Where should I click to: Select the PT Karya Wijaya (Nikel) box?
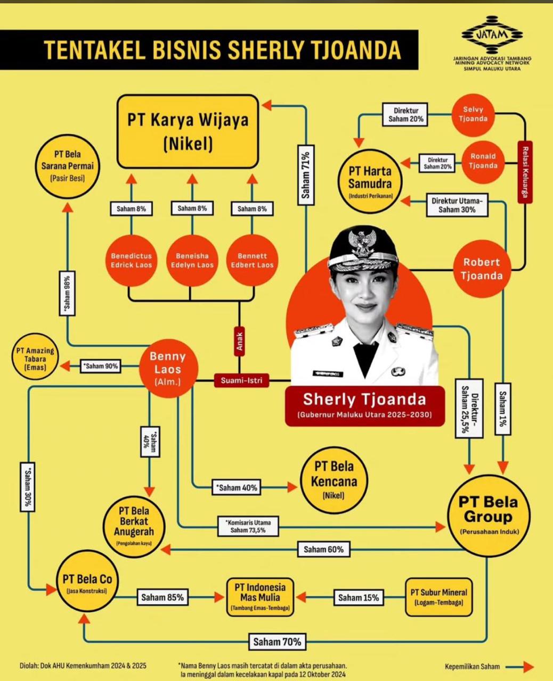[188, 131]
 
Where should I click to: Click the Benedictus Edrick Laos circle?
[131, 260]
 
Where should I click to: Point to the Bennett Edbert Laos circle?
[252, 260]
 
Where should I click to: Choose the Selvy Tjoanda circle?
[473, 113]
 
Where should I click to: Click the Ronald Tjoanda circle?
[483, 161]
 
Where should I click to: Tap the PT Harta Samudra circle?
[370, 181]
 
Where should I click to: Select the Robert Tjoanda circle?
[482, 269]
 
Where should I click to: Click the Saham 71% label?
[306, 175]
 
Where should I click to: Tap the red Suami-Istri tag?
[241, 380]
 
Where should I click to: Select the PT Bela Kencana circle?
[334, 479]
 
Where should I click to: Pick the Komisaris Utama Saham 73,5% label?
[248, 526]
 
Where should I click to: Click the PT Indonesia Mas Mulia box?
[261, 597]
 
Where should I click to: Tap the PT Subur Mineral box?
[438, 597]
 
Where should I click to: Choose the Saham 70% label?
[276, 641]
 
